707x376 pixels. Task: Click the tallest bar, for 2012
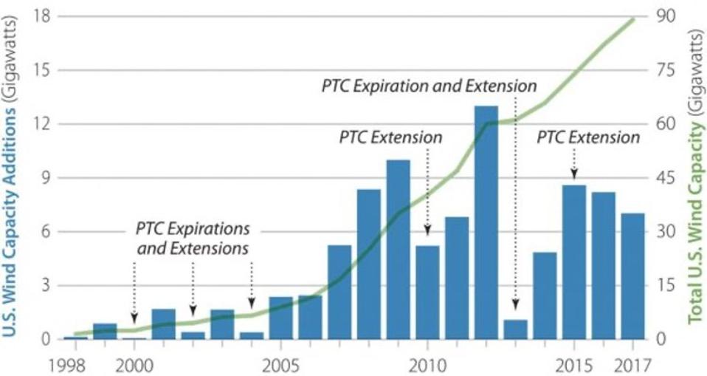click(486, 222)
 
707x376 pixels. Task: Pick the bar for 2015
click(574, 262)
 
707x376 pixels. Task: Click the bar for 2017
click(632, 276)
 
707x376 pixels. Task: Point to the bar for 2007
click(339, 292)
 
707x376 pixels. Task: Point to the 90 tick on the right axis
click(664, 16)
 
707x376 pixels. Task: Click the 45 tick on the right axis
click(664, 178)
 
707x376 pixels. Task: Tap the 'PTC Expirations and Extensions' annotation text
click(193, 237)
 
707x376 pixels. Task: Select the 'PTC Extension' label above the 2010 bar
click(390, 137)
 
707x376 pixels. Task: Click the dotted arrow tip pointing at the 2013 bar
click(515, 307)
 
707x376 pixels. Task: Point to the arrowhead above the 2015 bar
click(574, 174)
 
